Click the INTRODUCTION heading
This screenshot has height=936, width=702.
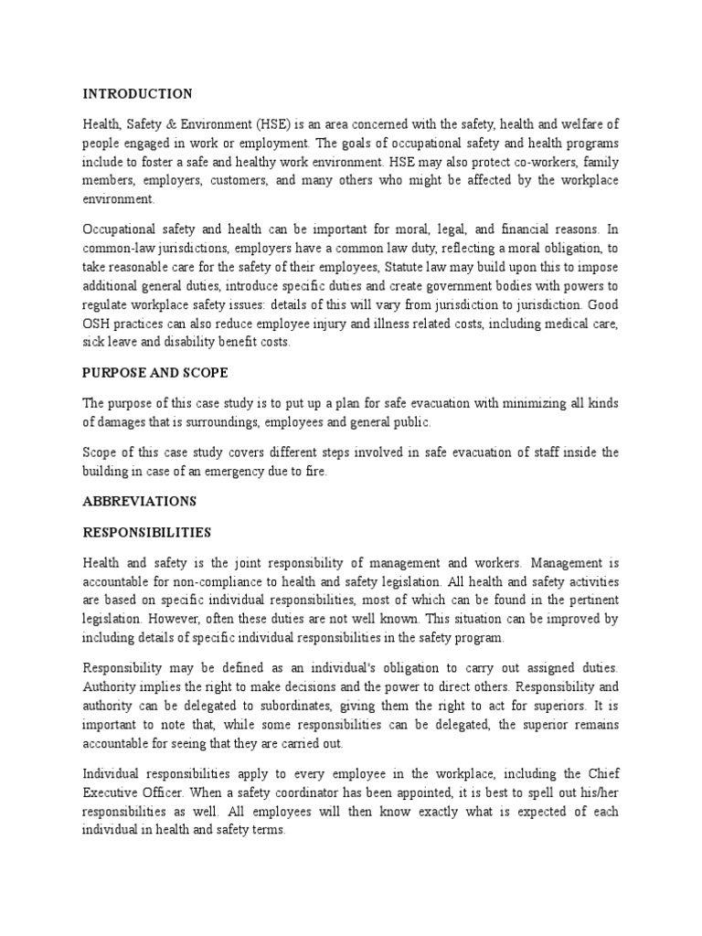tap(137, 94)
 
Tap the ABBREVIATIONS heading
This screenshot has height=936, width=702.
tap(140, 501)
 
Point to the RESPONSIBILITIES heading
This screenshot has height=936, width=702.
tap(147, 532)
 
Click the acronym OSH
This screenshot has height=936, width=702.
tap(98, 324)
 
